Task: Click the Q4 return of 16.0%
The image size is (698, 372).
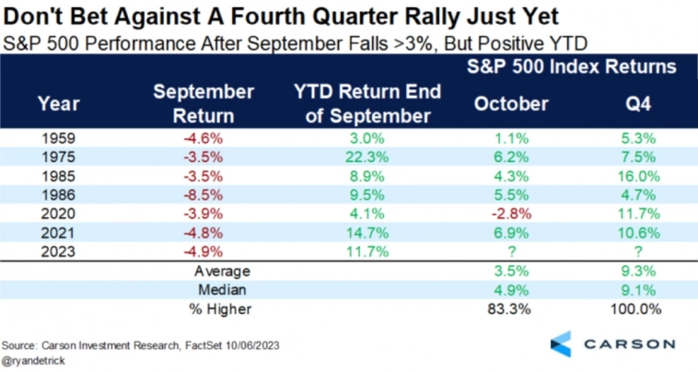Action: (x=638, y=177)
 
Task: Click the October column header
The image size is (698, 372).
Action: (x=511, y=103)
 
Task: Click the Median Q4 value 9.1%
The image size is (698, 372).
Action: (x=638, y=290)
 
